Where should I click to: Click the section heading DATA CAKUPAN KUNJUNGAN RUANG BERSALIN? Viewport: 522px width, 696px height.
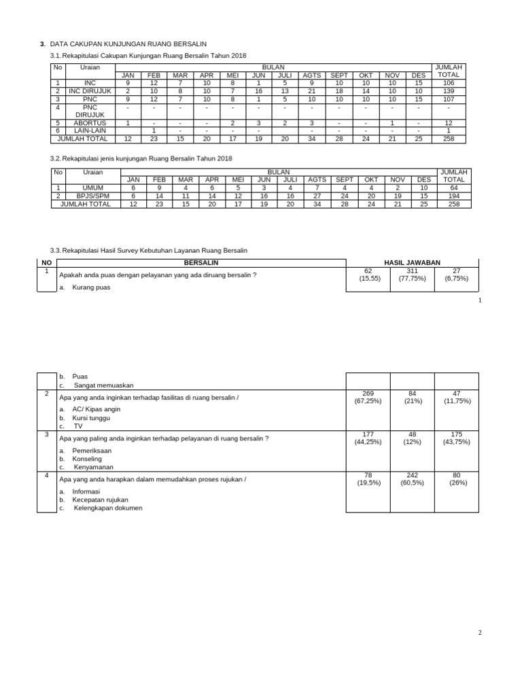[128, 44]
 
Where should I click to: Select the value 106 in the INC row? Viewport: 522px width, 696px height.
[449, 83]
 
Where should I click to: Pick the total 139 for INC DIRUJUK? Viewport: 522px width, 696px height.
[449, 91]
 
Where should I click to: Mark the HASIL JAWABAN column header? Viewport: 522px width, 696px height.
[412, 262]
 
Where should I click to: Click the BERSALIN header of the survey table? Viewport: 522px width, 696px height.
[201, 262]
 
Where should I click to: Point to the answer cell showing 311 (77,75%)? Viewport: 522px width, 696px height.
[412, 275]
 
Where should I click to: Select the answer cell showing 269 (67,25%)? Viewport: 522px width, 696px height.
[368, 397]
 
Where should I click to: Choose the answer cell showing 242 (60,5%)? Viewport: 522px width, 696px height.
[412, 479]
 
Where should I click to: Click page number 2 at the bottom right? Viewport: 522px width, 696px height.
[479, 633]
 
